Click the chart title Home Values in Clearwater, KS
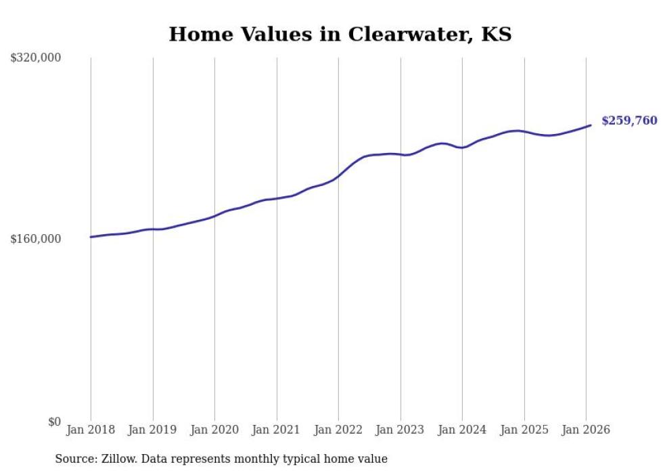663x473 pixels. (x=340, y=34)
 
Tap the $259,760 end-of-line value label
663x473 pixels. (x=628, y=121)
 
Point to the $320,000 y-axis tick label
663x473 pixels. (x=35, y=58)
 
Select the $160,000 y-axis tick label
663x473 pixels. (x=35, y=240)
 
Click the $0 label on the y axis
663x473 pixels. (x=54, y=422)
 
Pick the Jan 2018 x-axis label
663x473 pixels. (x=91, y=430)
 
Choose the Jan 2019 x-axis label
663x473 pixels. (x=153, y=430)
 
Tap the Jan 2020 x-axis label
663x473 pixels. (x=214, y=430)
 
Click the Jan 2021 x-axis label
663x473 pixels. (x=277, y=430)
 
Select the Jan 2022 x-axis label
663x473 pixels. (x=338, y=430)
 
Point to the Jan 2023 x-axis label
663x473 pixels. (x=401, y=430)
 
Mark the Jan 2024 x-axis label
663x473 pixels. (x=462, y=430)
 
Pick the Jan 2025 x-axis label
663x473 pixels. (x=524, y=430)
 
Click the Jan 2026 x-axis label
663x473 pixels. (x=586, y=430)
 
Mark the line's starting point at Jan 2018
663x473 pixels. (x=91, y=237)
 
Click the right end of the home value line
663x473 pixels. (x=591, y=125)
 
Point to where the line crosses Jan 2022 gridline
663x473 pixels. (x=338, y=177)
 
